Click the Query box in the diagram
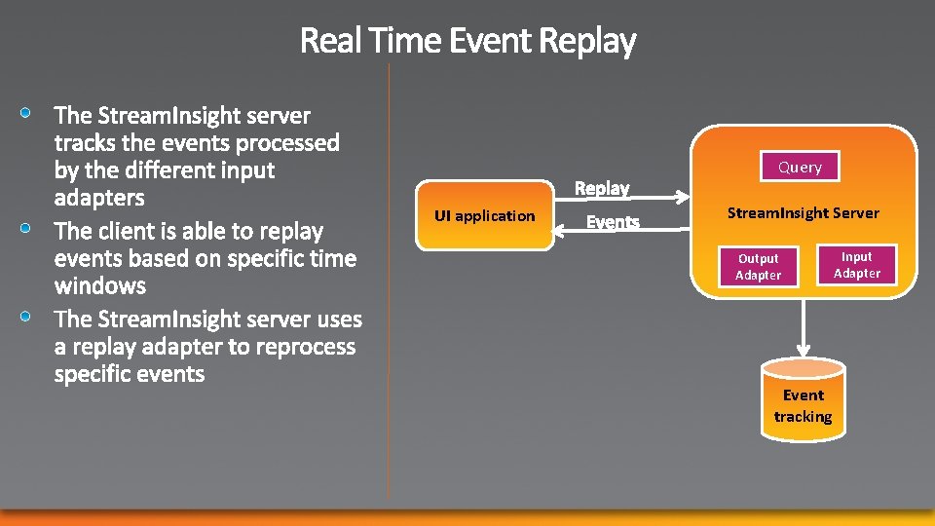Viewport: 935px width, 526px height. (800, 168)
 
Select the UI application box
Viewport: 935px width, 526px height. (484, 215)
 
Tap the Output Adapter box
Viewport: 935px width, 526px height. (758, 267)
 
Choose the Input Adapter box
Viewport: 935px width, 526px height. (857, 265)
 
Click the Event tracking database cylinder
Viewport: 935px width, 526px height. (804, 399)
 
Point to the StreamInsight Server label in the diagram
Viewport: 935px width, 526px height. (803, 212)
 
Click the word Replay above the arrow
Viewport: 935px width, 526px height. (602, 188)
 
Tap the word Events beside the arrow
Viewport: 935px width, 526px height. (613, 223)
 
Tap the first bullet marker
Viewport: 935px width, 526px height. (29, 113)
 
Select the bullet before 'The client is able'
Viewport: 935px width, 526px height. (29, 229)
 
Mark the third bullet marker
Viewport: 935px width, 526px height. (29, 317)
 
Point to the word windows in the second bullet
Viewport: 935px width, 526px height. (100, 286)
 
